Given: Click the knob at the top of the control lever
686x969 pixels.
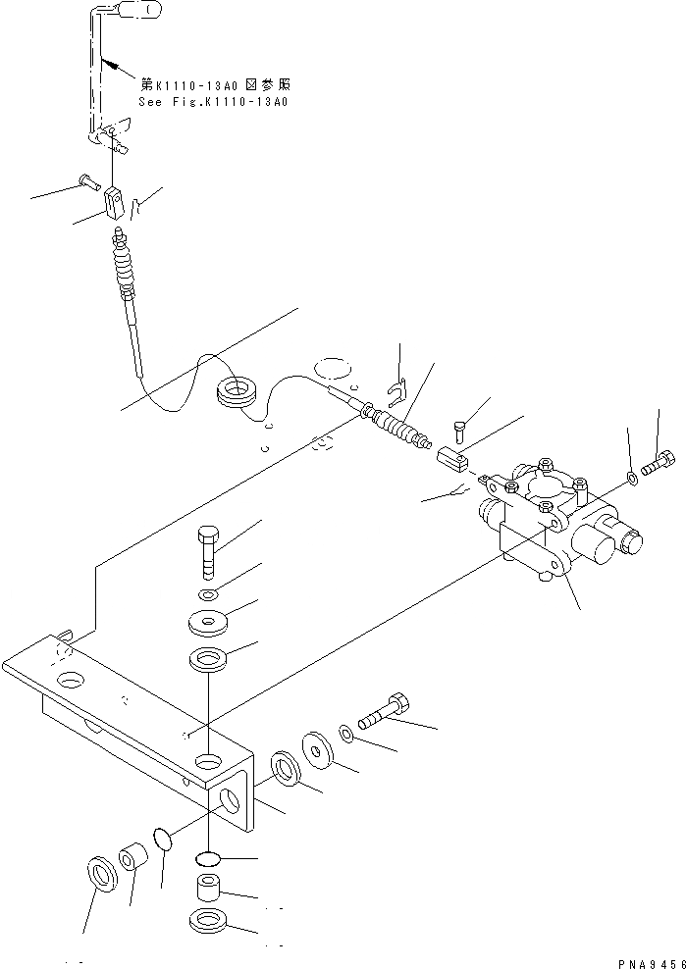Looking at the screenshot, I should [x=134, y=12].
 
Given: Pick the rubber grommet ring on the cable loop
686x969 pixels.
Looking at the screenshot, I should [x=236, y=392].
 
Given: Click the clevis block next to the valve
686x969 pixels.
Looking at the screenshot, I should [x=452, y=456].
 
